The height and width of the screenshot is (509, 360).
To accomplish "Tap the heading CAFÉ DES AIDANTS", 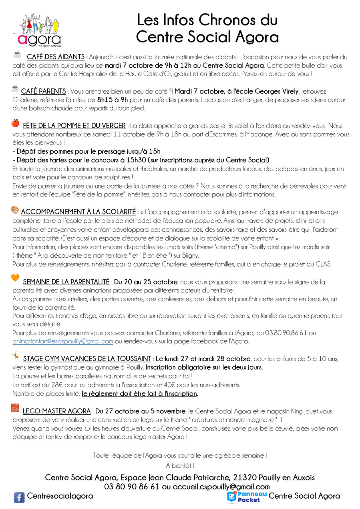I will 56,57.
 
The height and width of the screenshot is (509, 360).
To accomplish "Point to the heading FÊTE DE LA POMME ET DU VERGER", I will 74,126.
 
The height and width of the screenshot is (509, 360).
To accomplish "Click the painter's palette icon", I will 15,209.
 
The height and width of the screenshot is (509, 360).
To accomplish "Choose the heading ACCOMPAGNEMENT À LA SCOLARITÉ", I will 78,212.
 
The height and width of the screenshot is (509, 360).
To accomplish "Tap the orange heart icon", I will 15,278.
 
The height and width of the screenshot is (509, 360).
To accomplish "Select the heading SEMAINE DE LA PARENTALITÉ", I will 66,282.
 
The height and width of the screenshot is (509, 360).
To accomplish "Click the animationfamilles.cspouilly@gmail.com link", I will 63,341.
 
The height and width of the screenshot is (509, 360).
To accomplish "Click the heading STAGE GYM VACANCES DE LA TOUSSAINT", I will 87,358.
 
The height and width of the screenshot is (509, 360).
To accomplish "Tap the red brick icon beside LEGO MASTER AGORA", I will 15,407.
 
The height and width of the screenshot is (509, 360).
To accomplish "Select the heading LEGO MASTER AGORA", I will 56,411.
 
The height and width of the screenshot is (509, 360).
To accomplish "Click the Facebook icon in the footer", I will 19,497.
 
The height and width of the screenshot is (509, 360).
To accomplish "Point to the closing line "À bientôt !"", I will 180,465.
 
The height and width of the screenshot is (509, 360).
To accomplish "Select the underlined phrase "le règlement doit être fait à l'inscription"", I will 139,394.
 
